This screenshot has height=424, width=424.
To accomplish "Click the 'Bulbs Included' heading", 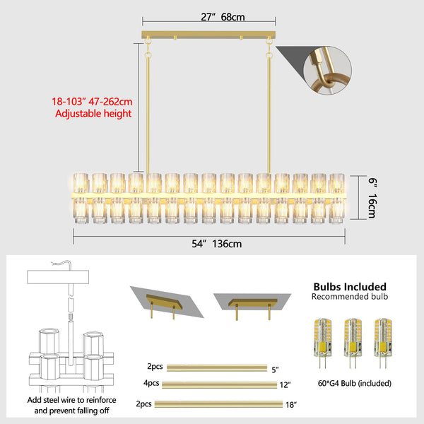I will (x=350, y=286).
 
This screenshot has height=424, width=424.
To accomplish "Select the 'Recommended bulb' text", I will (x=350, y=298).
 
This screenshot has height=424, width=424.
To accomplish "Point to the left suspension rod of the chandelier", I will (x=148, y=113).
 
